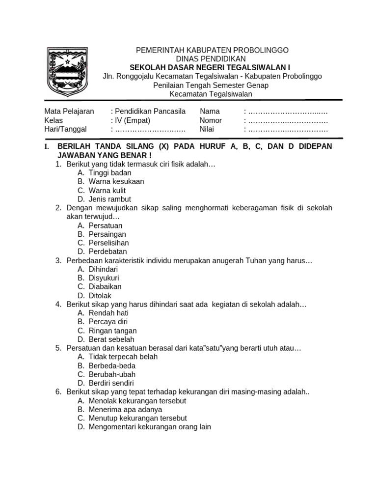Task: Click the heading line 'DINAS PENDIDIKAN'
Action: click(x=212, y=58)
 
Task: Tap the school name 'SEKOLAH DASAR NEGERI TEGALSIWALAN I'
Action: click(x=212, y=67)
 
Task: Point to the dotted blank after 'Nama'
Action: click(x=288, y=112)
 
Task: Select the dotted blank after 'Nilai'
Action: click(x=288, y=129)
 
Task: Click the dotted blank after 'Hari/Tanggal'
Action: click(x=150, y=129)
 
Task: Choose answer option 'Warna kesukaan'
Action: click(x=116, y=181)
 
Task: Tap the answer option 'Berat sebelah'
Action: click(x=111, y=339)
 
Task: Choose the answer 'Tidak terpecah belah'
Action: click(x=123, y=357)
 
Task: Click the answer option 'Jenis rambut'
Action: click(x=110, y=199)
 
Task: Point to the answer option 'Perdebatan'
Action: click(x=108, y=251)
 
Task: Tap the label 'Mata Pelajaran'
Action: click(x=69, y=112)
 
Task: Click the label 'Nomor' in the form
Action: click(x=211, y=120)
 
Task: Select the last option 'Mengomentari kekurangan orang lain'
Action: click(x=150, y=427)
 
